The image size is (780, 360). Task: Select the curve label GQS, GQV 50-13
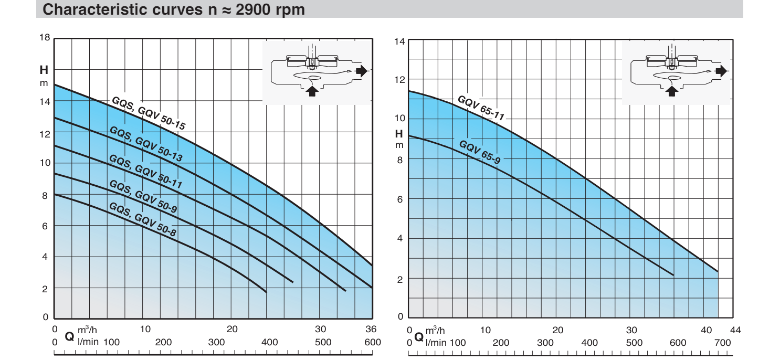tap(145, 144)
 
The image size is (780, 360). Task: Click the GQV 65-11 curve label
tap(480, 108)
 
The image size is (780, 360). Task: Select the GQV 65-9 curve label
tap(479, 152)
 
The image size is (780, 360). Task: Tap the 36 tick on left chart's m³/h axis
tap(371, 330)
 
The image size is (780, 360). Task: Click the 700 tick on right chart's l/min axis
tap(722, 342)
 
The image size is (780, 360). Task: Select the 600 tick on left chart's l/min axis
tap(372, 342)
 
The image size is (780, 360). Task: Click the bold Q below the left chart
tap(69, 336)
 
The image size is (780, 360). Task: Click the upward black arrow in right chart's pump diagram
tap(671, 91)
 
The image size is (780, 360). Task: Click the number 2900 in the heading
tap(255, 10)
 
